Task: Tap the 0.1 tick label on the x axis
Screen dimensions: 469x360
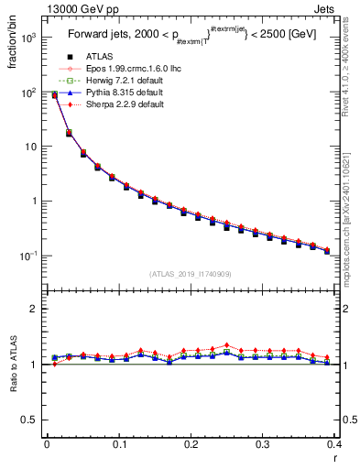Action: [118, 443]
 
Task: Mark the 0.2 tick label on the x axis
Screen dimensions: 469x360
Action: [191, 443]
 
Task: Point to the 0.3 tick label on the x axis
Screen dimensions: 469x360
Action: [263, 443]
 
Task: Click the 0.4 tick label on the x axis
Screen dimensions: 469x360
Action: [335, 443]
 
